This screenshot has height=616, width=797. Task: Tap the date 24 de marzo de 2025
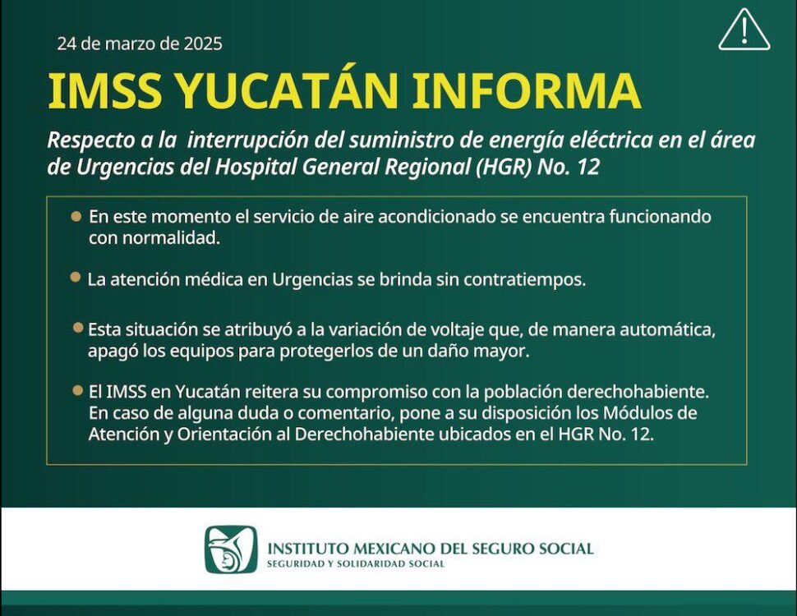(x=140, y=44)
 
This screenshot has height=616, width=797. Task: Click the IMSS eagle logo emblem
(x=231, y=549)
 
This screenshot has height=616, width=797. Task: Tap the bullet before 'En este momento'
(x=76, y=216)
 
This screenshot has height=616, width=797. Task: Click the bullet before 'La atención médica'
(x=76, y=278)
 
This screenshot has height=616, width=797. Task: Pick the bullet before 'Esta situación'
(x=78, y=328)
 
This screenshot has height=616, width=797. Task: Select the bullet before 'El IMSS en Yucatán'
(x=78, y=390)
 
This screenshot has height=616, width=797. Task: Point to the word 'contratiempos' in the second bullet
(x=525, y=280)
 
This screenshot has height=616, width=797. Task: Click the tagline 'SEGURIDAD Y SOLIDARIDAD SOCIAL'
(x=356, y=563)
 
